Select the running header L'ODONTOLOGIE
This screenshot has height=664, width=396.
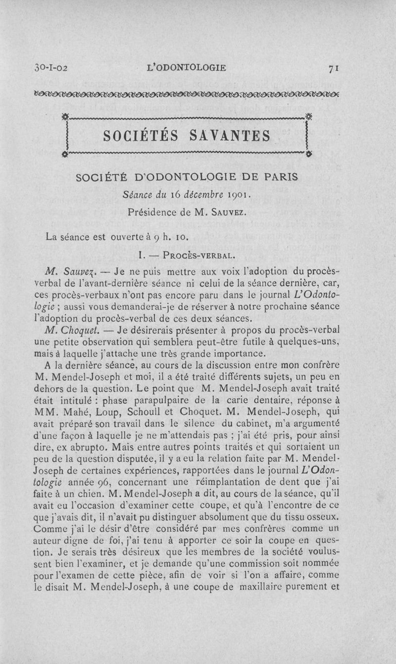(187, 67)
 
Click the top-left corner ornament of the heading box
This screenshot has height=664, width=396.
(65, 118)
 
